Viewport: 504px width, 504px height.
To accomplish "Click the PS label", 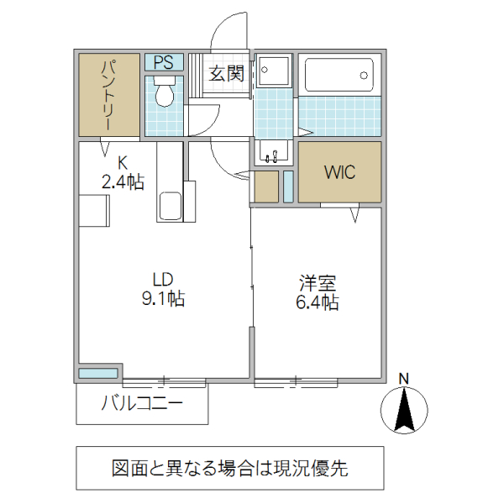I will coord(164,61).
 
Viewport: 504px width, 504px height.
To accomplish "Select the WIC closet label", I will coord(340,172).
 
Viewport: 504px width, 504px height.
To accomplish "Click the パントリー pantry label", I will coord(109,94).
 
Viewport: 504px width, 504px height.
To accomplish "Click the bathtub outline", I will coord(339,76).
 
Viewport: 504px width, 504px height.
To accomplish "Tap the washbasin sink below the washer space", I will coord(272,153).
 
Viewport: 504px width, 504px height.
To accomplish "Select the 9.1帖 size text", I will coord(163,297).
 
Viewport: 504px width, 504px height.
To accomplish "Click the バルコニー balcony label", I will coord(142,404).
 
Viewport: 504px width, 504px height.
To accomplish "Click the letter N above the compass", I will coord(403,378).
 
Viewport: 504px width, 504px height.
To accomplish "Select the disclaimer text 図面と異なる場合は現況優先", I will coord(230,469).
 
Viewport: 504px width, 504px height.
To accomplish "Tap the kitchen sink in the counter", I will coord(170,205).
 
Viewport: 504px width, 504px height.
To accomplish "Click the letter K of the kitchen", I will coord(122,162).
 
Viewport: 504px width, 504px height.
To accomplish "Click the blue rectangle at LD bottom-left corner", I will coord(99,373).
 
